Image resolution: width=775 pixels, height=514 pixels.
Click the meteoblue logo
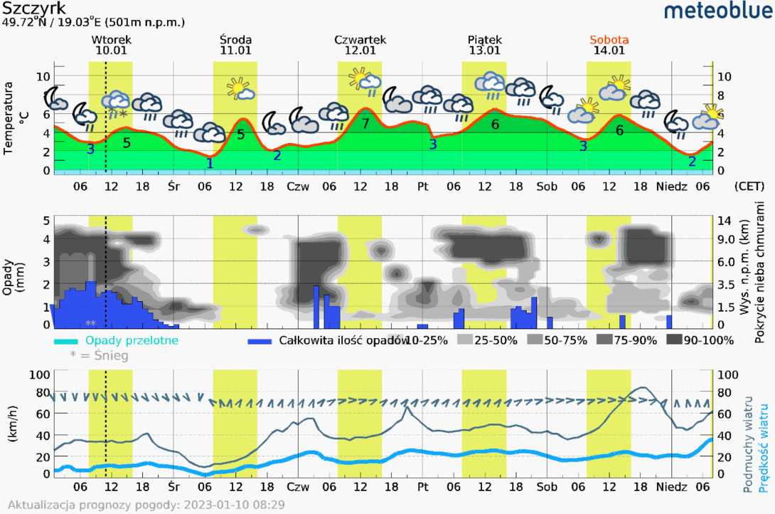coord(717,11)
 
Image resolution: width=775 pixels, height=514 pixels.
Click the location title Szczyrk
coord(35,9)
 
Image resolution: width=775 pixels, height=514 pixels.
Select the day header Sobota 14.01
coord(609,45)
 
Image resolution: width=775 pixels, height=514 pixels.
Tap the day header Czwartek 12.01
coord(360,45)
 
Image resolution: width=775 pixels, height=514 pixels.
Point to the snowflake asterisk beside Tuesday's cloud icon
coord(123,114)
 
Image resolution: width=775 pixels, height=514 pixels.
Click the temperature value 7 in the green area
coord(365,124)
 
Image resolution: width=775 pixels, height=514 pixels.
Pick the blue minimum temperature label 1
coord(209,163)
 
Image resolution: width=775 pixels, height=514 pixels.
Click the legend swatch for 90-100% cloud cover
coord(673,340)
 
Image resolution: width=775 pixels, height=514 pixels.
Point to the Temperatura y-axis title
coord(9,118)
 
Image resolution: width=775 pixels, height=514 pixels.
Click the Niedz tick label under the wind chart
coord(672,487)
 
